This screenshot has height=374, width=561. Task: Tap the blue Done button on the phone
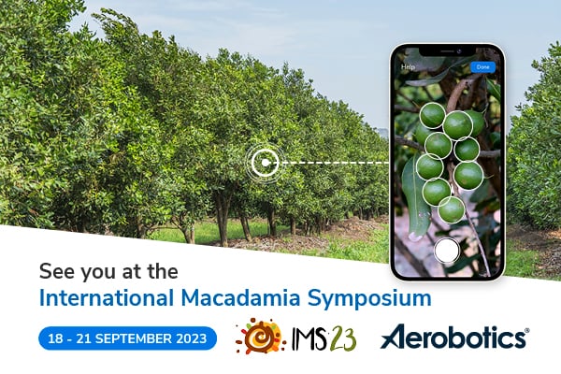pyautogui.click(x=482, y=67)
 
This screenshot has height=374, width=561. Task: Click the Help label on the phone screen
pyautogui.click(x=408, y=67)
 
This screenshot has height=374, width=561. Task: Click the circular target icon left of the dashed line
pyautogui.click(x=265, y=162)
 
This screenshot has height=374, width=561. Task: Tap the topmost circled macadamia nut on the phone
pyautogui.click(x=432, y=115)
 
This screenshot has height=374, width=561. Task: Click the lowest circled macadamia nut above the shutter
pyautogui.click(x=452, y=209)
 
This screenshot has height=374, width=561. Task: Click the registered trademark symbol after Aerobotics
pyautogui.click(x=525, y=330)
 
